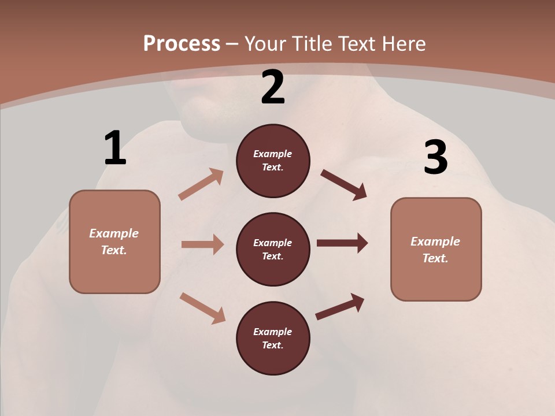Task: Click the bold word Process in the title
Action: [x=182, y=44]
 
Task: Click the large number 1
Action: [x=115, y=148]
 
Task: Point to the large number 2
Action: [x=273, y=87]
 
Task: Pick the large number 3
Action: [x=436, y=157]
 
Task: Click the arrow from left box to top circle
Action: [x=201, y=184]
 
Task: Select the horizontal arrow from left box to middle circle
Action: [x=202, y=244]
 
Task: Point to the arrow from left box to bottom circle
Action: [x=202, y=308]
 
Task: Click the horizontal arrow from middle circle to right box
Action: [x=342, y=243]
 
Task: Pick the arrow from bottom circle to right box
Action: [x=340, y=306]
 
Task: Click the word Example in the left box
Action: [x=114, y=233]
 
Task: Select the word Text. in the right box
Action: [x=435, y=258]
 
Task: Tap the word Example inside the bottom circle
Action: [x=273, y=332]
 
